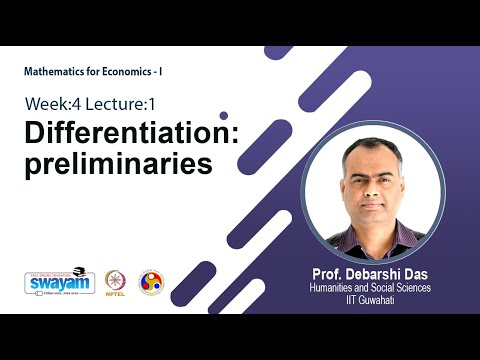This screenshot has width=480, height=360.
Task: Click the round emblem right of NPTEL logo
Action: tap(152, 282)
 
